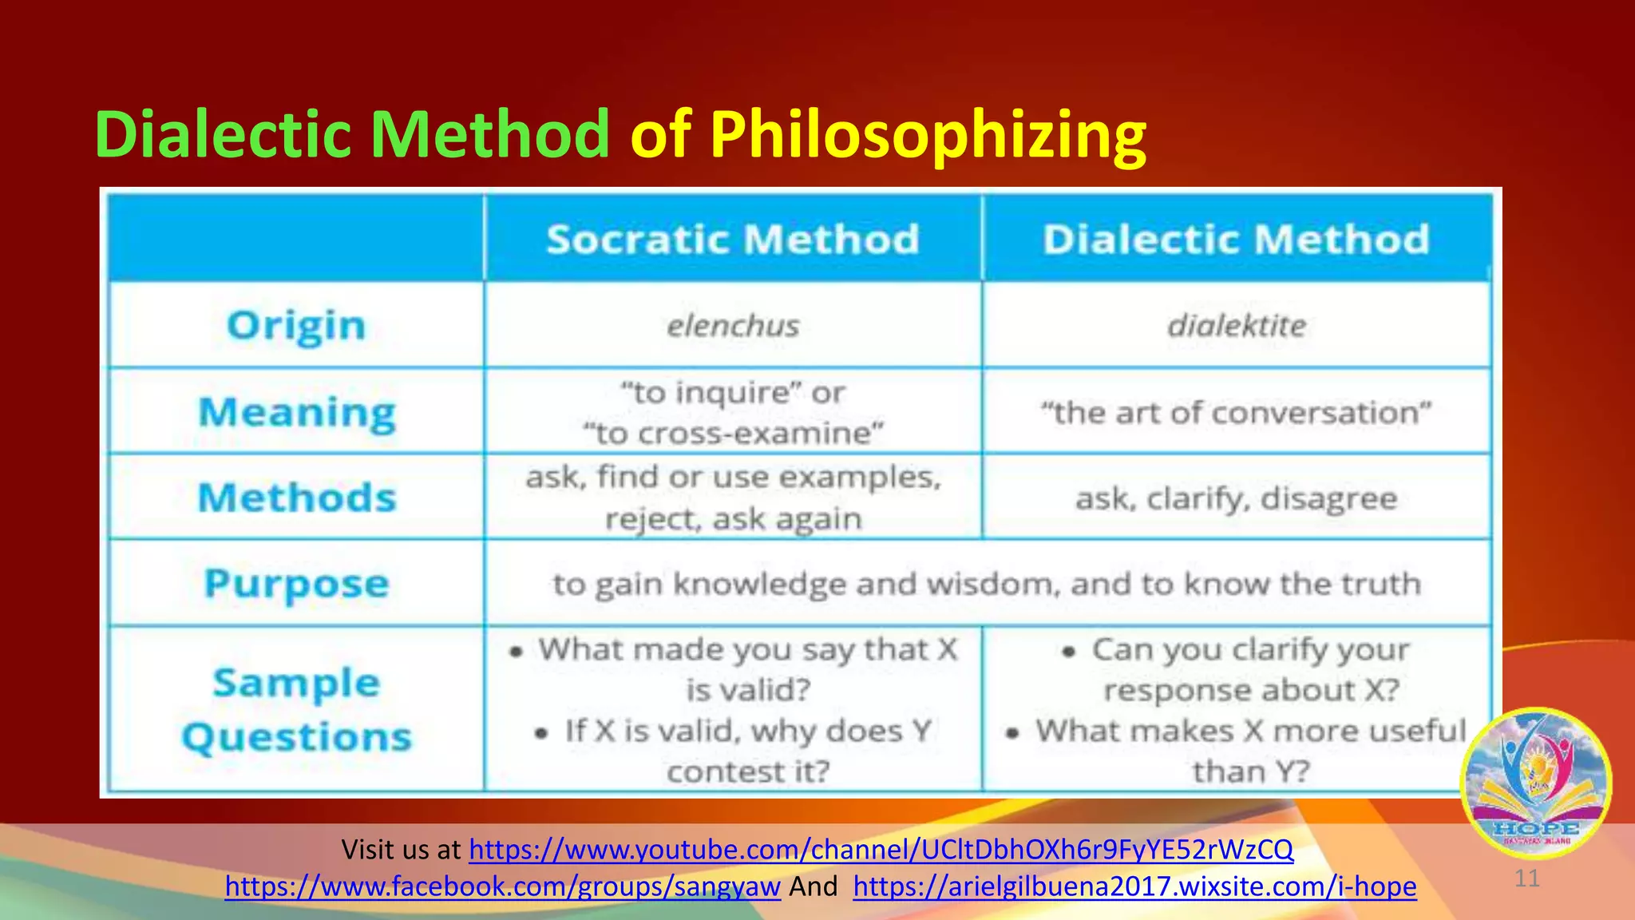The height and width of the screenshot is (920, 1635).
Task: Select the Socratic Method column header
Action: click(x=732, y=240)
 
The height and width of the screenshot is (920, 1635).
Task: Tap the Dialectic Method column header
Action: click(x=1236, y=240)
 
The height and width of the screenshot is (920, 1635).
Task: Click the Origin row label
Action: click(x=296, y=326)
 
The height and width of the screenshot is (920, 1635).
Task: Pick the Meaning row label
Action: click(x=297, y=413)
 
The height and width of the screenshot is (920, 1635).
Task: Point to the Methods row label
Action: click(x=297, y=498)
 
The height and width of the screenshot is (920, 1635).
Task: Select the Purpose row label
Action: click(x=297, y=584)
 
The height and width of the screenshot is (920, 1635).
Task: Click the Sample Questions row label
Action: click(x=297, y=709)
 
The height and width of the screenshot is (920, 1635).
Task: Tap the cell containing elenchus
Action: click(x=733, y=326)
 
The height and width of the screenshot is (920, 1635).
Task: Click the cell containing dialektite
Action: click(x=1237, y=326)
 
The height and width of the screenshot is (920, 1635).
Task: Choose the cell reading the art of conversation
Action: click(x=1236, y=413)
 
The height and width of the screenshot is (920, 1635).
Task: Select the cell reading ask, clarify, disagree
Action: click(x=1236, y=498)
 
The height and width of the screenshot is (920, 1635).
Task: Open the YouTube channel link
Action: click(x=881, y=849)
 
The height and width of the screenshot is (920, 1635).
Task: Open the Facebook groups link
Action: click(x=502, y=886)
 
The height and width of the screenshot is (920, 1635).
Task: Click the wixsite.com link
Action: click(x=1134, y=886)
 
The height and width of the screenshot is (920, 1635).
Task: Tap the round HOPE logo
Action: click(x=1535, y=782)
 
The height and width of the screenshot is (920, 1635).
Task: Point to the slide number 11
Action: click(x=1526, y=878)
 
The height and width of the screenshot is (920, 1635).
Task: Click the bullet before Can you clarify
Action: click(x=1069, y=652)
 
